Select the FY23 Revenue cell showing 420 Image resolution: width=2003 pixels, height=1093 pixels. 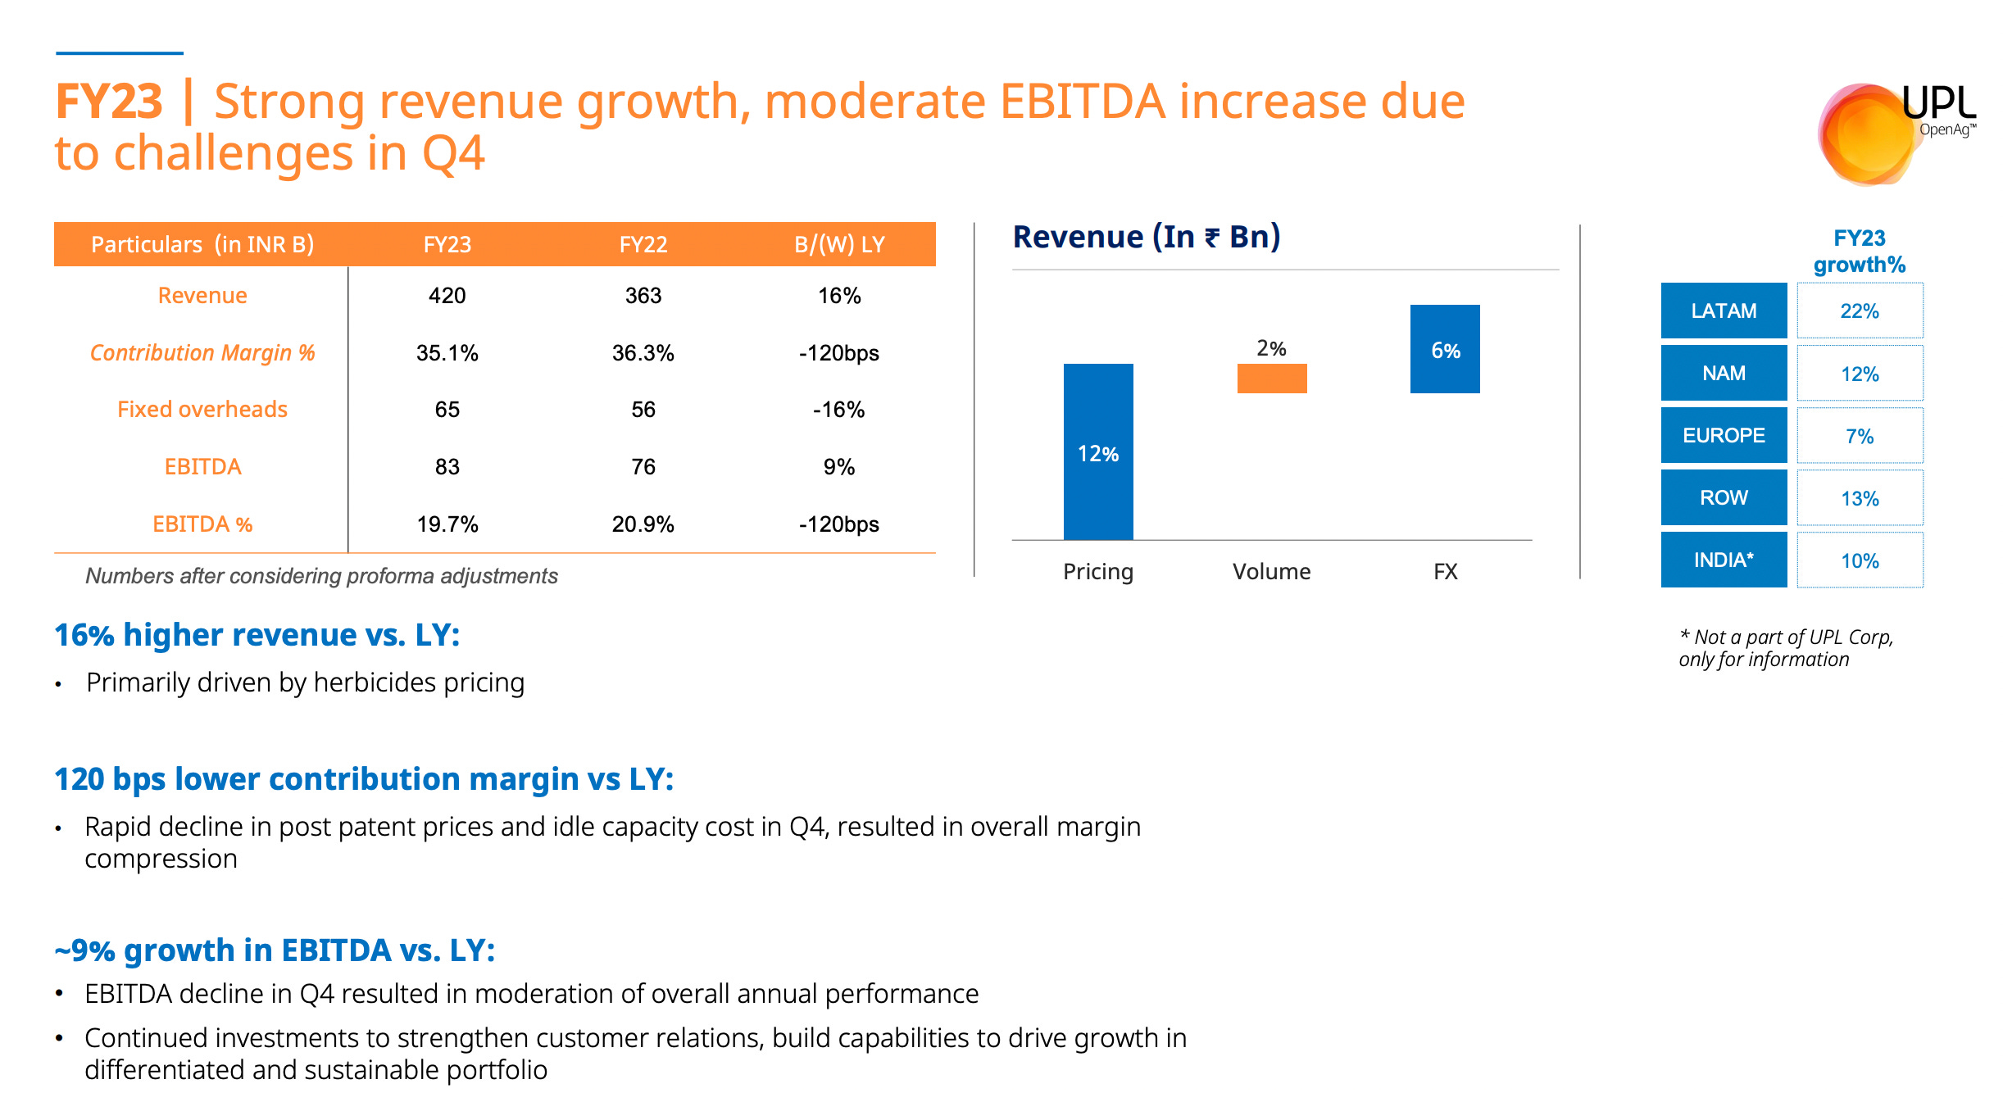pyautogui.click(x=447, y=296)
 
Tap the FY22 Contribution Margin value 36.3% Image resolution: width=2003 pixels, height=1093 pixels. pyautogui.click(x=643, y=353)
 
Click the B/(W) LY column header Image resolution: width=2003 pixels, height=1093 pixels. pyautogui.click(x=838, y=244)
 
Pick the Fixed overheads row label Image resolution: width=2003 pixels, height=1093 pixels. pyautogui.click(x=202, y=410)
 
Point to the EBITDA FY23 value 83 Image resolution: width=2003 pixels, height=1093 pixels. pyautogui.click(x=447, y=467)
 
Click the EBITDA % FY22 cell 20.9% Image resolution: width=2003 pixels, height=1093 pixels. pyautogui.click(x=643, y=524)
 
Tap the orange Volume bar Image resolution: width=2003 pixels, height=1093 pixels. pyautogui.click(x=1272, y=379)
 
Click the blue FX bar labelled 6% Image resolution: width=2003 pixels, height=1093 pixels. pyautogui.click(x=1445, y=349)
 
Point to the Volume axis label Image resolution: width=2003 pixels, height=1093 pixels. pyautogui.click(x=1271, y=572)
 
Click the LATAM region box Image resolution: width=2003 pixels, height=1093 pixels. pyautogui.click(x=1724, y=311)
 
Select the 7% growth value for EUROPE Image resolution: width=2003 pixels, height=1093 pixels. pyautogui.click(x=1860, y=436)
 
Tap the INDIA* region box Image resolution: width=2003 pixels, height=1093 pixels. pyautogui.click(x=1724, y=560)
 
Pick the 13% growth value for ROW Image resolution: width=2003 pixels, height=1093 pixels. pyautogui.click(x=1860, y=498)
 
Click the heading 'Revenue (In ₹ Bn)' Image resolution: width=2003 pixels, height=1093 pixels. pyautogui.click(x=1146, y=237)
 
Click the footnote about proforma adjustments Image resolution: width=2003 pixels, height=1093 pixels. pyautogui.click(x=321, y=576)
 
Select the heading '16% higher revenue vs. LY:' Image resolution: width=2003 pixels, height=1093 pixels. pyautogui.click(x=257, y=635)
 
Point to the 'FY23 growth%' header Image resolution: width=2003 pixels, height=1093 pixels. pyautogui.click(x=1859, y=252)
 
